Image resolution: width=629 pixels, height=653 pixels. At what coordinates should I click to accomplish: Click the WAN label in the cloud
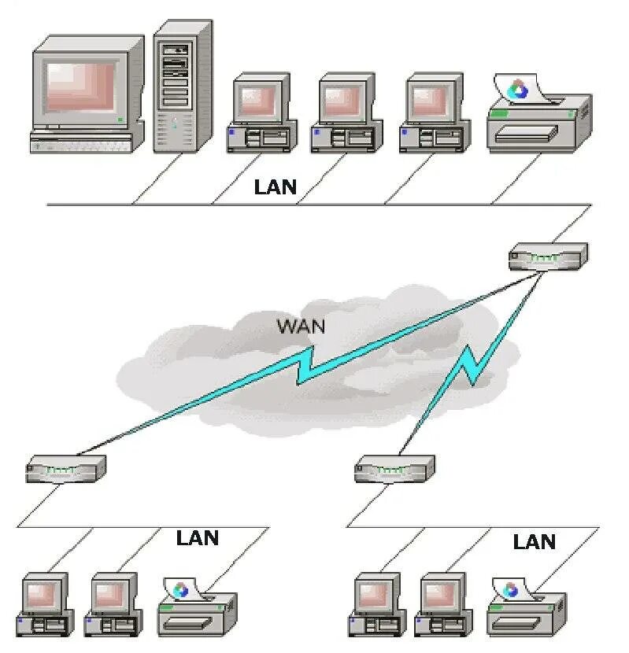301,326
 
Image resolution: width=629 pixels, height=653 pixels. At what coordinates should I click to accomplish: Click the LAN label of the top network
276,187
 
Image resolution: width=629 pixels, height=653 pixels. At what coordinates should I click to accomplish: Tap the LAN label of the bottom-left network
197,538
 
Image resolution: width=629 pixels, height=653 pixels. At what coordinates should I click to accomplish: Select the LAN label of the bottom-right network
534,541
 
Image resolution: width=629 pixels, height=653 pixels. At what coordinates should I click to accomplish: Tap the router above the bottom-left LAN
65,469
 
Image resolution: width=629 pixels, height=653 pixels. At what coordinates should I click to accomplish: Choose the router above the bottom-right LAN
394,469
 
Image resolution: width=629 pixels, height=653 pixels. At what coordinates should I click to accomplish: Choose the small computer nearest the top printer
432,114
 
